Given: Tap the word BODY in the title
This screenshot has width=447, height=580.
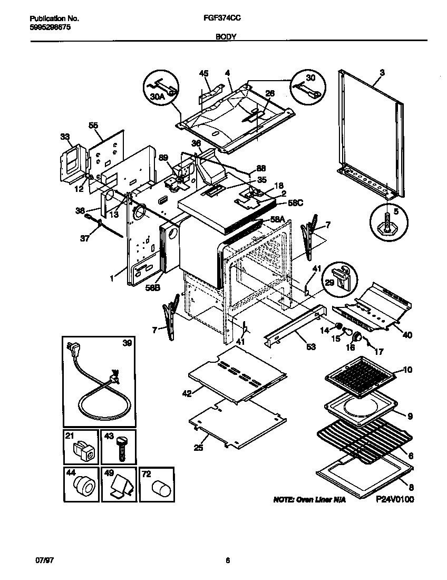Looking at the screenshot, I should [226, 37].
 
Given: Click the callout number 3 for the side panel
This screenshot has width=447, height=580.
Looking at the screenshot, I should [382, 73].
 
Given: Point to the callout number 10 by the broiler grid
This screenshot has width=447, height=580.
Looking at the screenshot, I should [407, 370].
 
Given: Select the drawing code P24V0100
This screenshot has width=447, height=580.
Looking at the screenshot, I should [395, 499].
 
